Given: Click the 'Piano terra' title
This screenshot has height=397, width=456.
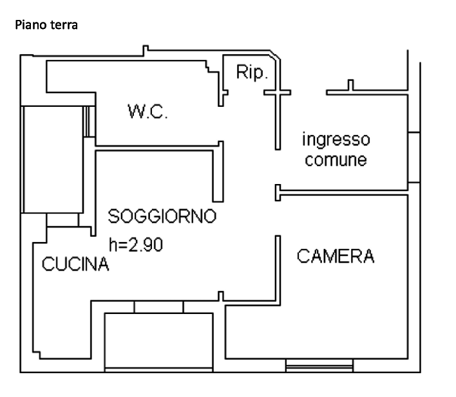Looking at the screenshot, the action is coord(46,25).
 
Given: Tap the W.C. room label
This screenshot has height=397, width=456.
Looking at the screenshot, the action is coord(147,111).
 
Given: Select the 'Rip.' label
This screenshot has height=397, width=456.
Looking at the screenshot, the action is coord(252,72).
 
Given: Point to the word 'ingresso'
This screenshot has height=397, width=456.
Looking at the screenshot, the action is coord(336,140).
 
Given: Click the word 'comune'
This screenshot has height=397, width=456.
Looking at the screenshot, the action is coord(336,160).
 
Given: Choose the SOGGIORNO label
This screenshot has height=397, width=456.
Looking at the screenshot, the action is coord(162,216).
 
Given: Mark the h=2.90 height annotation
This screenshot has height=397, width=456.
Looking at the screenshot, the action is coord(136,245).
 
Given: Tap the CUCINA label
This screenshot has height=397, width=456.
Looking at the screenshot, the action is coord(75,264).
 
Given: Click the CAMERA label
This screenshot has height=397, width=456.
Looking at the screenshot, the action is coord(336,256).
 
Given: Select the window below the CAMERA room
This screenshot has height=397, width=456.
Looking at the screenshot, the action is coord(319,365).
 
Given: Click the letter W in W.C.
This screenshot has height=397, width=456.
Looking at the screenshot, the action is coord(136,111).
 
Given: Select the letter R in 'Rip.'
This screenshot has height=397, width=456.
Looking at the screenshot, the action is coord(242,71).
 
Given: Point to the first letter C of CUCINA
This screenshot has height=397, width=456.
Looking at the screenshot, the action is coord(48,264).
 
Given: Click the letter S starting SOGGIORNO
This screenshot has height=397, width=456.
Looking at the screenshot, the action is coord(113,216).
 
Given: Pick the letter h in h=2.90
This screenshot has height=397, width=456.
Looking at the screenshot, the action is coord(113,245).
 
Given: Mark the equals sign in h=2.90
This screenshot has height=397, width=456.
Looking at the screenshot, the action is coord(123,246).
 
